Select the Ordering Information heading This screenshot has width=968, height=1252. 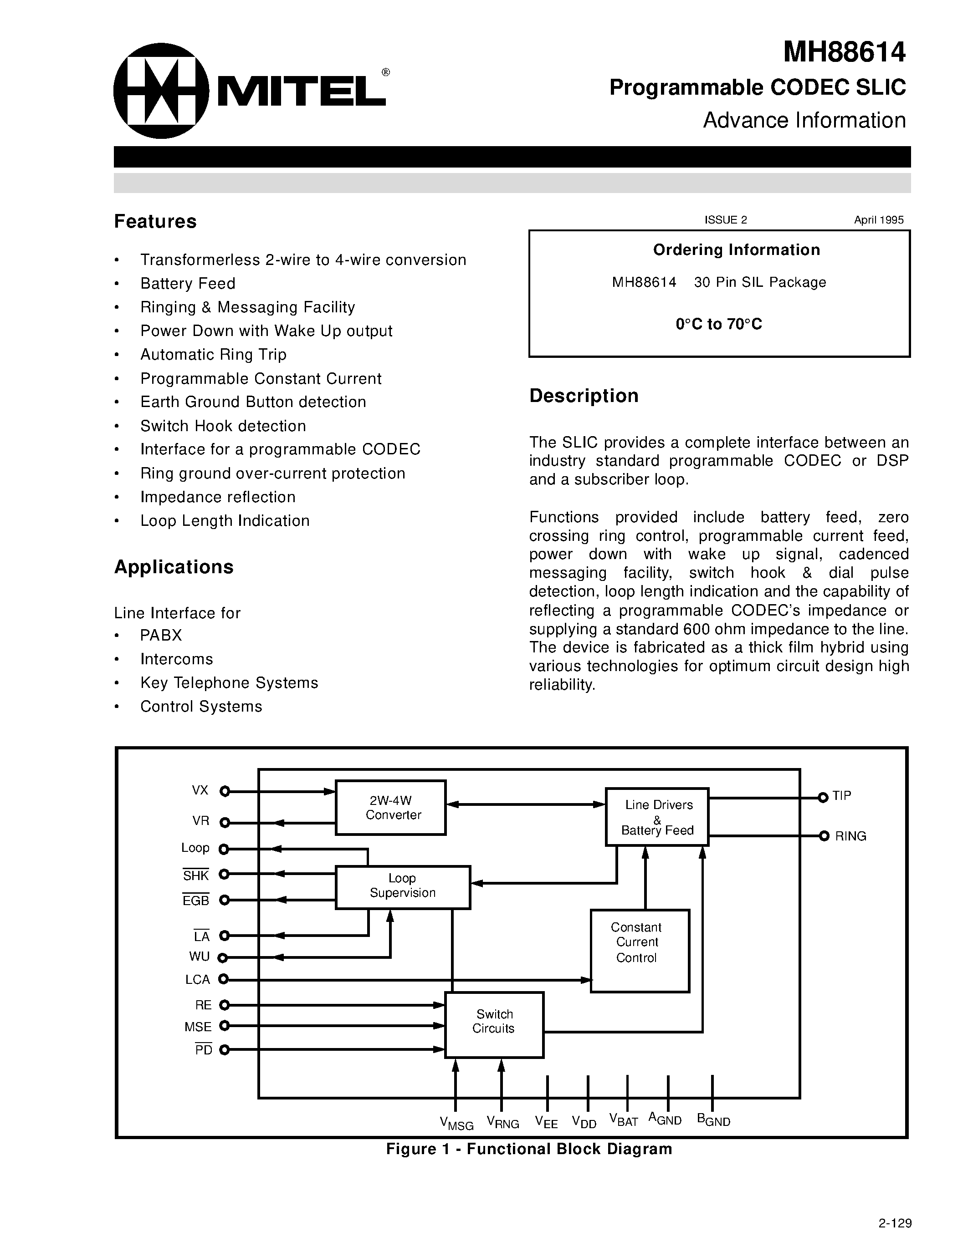[x=736, y=250]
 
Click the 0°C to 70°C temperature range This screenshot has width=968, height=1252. [x=718, y=325]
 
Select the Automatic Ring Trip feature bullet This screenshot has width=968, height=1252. [x=213, y=355]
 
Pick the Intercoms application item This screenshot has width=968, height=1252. [x=177, y=659]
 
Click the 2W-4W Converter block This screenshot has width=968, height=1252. [x=390, y=807]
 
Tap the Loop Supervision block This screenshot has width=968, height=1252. [x=403, y=887]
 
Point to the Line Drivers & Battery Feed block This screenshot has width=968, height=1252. [x=657, y=817]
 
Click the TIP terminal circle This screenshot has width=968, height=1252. [x=823, y=797]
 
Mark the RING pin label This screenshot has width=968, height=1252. [x=850, y=836]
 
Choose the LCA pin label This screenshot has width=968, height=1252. [x=198, y=980]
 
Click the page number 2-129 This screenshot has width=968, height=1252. [x=895, y=1223]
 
